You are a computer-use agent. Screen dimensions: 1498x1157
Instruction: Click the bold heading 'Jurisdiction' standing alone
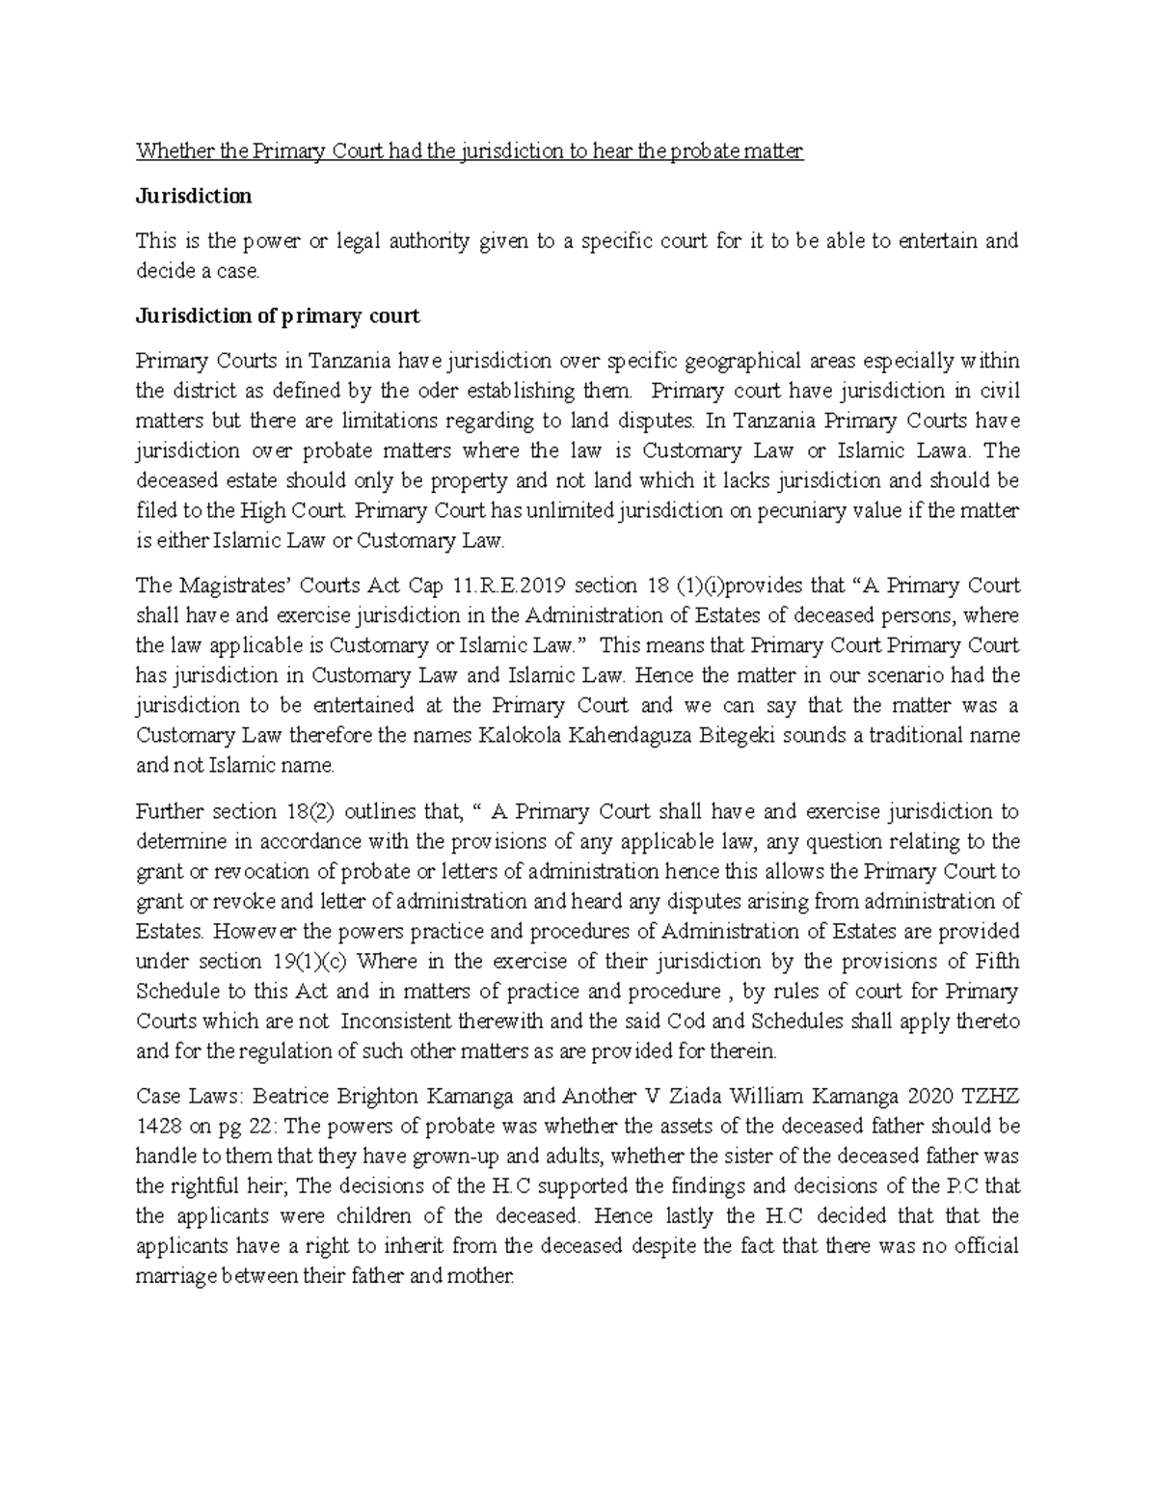click(x=194, y=196)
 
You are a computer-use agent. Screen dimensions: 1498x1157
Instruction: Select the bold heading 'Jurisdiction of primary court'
click(x=278, y=315)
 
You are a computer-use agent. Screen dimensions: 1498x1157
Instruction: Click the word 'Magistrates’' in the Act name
click(x=221, y=586)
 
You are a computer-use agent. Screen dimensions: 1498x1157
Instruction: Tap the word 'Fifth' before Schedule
click(x=997, y=961)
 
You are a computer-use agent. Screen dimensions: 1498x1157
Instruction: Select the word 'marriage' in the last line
click(x=175, y=1276)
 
